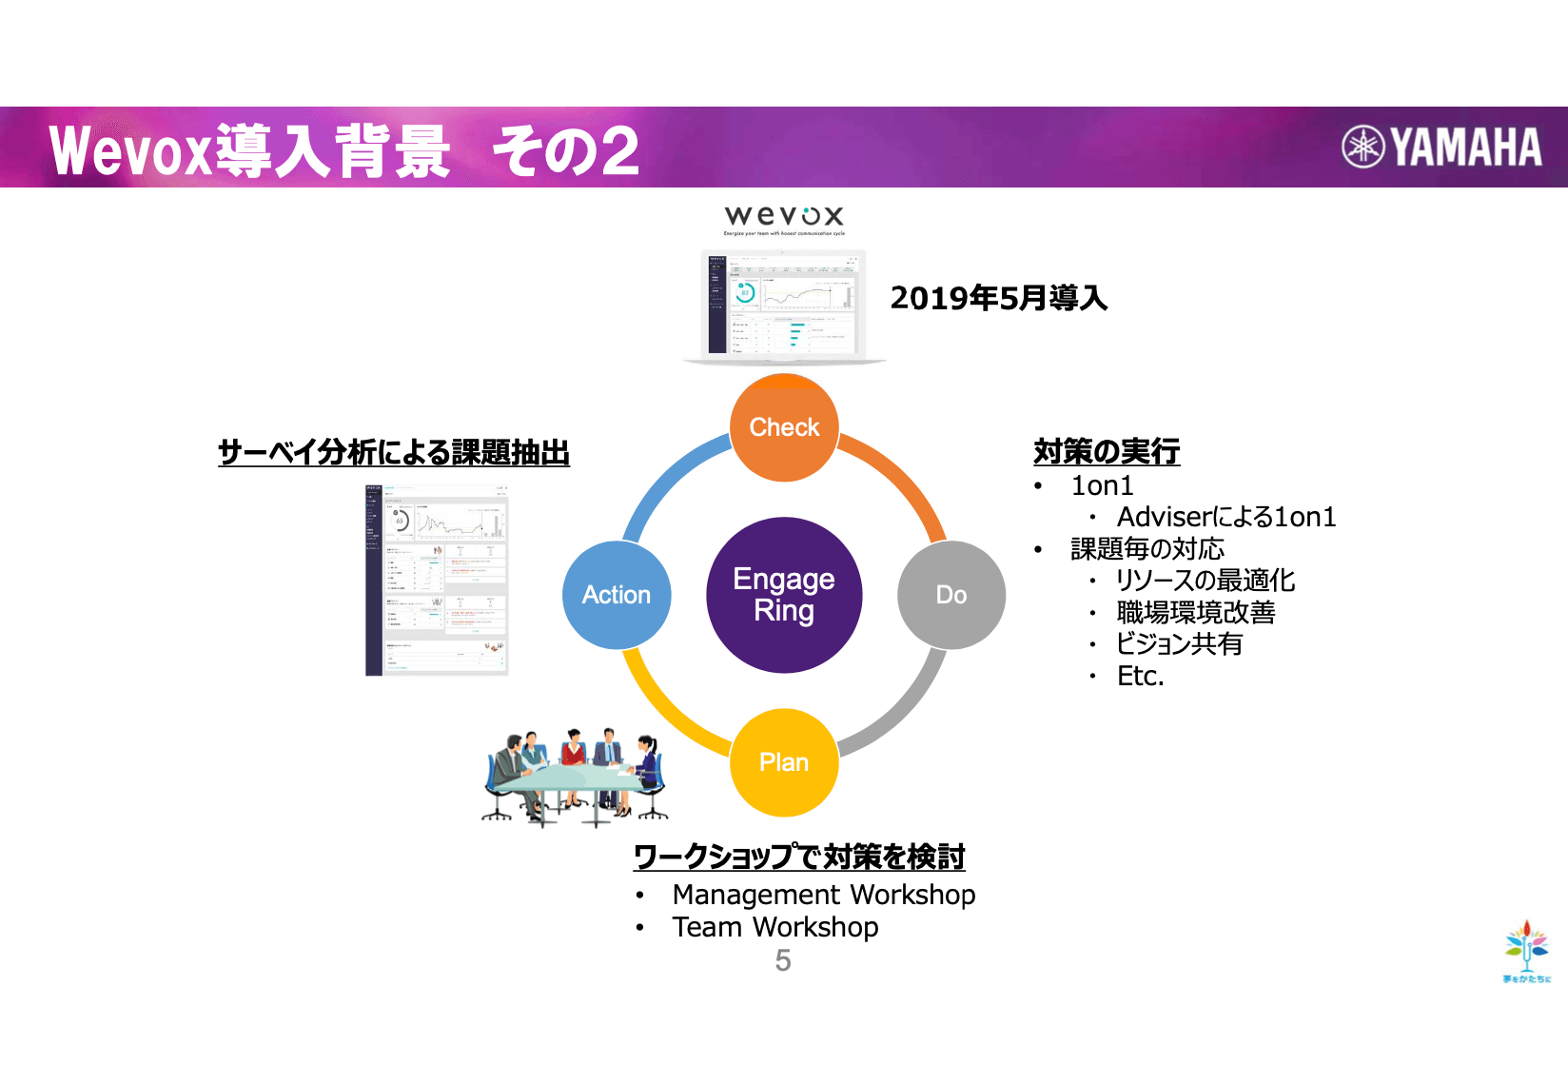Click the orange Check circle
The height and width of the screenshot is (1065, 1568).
[784, 427]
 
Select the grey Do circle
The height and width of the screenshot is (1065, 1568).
[951, 595]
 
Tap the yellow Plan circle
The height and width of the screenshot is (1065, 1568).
[784, 762]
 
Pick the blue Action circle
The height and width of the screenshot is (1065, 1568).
[617, 595]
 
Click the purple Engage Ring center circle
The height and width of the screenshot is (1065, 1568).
[784, 595]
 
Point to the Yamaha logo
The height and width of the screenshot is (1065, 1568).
[1442, 147]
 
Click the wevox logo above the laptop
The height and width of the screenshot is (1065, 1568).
[784, 218]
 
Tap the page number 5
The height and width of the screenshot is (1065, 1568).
[783, 960]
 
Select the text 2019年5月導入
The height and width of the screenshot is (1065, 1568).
[999, 298]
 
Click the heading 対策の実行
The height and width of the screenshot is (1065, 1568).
[1107, 451]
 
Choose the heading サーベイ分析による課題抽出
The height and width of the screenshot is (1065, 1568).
[394, 452]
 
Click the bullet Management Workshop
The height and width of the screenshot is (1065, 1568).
[823, 895]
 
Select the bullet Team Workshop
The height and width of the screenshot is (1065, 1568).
[774, 927]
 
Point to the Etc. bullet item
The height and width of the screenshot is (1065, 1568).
[1140, 676]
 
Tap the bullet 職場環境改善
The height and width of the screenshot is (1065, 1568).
[1195, 612]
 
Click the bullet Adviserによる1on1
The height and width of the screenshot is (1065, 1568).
[1225, 517]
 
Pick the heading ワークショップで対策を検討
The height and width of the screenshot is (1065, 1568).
[799, 857]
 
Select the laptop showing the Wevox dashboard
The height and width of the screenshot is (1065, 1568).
[784, 306]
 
